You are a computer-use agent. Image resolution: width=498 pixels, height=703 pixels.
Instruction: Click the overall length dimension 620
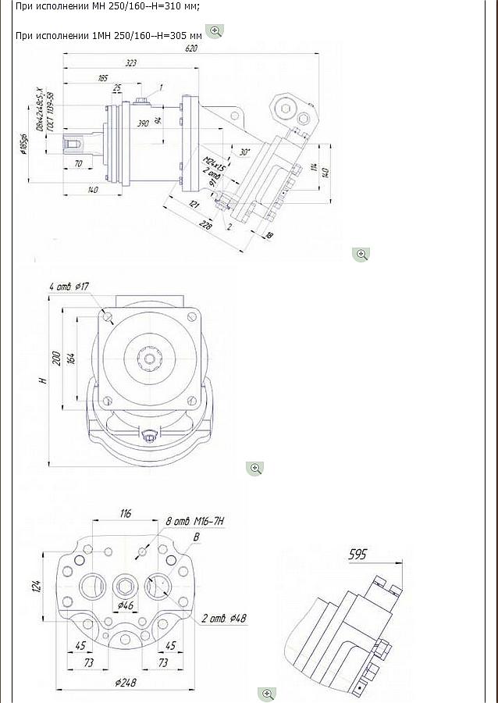(191, 48)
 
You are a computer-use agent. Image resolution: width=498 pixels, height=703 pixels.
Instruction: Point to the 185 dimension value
(102, 78)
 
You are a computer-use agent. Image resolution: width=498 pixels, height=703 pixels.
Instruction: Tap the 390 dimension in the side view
(143, 124)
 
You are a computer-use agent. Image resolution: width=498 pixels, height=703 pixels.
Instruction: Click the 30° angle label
(246, 152)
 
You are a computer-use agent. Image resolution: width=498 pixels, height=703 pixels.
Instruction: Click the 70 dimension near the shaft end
(78, 163)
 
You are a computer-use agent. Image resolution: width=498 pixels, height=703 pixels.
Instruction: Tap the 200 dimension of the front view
(55, 359)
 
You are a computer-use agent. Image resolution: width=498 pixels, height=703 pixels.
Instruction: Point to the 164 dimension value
(70, 359)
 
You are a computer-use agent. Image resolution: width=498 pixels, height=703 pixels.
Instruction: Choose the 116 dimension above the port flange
(126, 513)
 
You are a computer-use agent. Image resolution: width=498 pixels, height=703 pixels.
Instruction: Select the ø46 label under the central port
(125, 605)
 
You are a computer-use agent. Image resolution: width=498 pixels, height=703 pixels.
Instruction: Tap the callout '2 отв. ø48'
(225, 619)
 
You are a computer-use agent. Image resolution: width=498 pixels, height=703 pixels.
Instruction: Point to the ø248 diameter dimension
(126, 682)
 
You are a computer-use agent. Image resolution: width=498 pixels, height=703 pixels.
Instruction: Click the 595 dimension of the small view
(357, 555)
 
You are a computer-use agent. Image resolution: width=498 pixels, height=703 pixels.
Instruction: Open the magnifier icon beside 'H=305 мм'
(216, 31)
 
